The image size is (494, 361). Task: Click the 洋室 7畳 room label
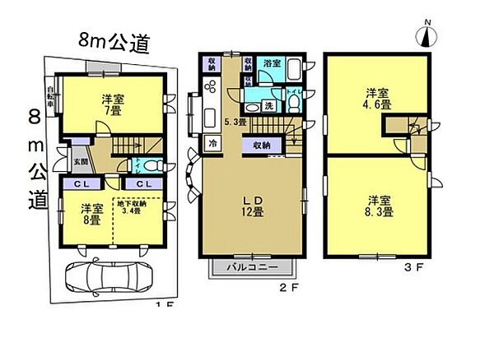(113, 104)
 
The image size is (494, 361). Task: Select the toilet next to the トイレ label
(293, 102)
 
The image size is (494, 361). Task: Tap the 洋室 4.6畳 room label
(379, 98)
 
